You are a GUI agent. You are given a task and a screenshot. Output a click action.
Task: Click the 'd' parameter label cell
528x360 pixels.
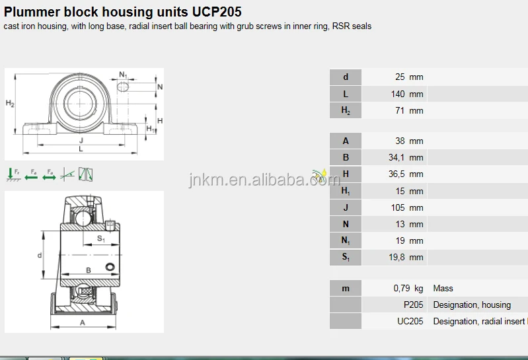346,77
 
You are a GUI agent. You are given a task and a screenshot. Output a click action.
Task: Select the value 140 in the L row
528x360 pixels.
398,94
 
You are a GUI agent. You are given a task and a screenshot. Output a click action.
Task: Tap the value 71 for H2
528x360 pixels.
400,111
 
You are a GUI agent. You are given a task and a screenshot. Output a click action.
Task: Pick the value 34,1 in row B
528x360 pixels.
396,158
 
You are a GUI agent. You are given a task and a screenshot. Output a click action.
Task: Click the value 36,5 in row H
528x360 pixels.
396,174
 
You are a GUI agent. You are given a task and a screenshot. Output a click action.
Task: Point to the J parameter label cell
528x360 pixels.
346,208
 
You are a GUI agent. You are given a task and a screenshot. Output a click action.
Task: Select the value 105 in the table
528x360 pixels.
398,208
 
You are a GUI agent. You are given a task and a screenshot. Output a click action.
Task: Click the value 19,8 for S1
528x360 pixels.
396,258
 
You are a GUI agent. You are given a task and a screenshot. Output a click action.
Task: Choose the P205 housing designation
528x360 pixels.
414,305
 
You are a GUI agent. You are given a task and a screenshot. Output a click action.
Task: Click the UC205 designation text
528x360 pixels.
410,322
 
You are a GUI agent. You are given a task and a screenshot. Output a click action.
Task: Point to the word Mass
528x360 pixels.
443,289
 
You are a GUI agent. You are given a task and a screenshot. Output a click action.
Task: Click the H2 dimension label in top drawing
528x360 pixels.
10,104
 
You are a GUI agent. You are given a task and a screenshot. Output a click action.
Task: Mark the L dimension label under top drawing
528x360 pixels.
81,149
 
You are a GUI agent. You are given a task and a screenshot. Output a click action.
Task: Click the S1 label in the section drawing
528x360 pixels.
101,238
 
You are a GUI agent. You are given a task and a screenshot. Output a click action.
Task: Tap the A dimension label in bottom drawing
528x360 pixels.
83,322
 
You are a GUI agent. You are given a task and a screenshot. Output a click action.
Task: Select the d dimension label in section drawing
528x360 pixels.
40,255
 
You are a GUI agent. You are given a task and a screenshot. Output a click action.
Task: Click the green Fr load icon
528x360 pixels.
13,174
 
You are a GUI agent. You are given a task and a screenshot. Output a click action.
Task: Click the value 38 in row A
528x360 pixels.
400,141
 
